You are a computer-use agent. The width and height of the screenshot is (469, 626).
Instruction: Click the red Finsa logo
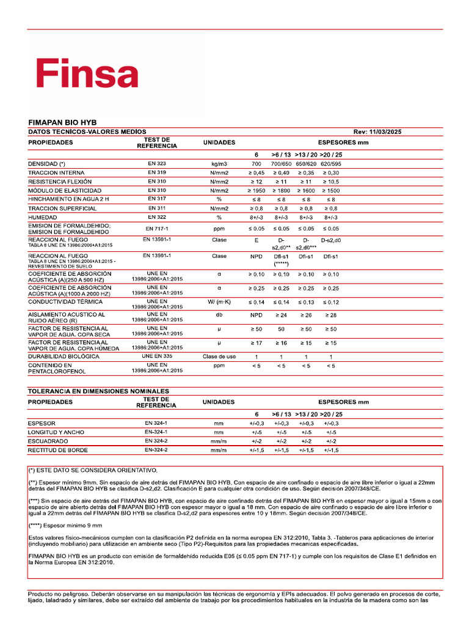[86, 74]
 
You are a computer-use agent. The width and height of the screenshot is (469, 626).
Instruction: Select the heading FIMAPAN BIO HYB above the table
[62, 122]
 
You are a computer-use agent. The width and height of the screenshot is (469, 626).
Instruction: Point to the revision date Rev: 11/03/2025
[377, 132]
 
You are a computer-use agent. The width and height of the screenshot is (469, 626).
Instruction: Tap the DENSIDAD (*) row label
[47, 164]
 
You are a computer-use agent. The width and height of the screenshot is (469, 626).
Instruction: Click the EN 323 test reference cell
[157, 164]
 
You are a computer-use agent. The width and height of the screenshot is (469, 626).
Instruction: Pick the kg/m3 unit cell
[219, 164]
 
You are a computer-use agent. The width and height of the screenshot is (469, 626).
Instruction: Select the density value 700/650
[282, 164]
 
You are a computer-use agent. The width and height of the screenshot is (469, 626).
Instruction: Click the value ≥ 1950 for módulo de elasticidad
[256, 191]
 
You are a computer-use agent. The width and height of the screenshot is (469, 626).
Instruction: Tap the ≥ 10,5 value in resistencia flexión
[330, 182]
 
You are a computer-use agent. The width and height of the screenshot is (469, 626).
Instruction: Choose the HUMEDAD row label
[42, 218]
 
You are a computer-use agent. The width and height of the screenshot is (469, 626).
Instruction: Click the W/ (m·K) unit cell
[219, 302]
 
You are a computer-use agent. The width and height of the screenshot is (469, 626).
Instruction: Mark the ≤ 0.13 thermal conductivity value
[306, 302]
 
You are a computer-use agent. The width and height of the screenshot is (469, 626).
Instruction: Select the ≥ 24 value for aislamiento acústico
[282, 315]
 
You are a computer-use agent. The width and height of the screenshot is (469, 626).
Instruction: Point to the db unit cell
[219, 315]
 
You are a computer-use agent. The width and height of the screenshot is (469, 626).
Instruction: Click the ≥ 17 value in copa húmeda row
[256, 343]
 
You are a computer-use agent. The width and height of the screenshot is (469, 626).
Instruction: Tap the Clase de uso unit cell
[219, 356]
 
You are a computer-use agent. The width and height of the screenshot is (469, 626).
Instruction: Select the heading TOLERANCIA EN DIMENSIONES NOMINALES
[99, 391]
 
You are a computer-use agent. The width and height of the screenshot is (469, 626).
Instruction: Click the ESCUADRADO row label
[48, 441]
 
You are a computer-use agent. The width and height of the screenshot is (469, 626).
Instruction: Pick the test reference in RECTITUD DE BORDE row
[157, 450]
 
